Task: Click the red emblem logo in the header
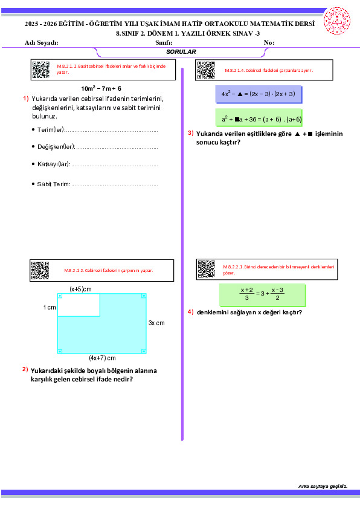[337, 21]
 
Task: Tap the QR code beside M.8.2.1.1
[41, 70]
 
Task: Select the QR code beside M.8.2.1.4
[206, 70]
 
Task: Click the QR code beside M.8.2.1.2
[40, 270]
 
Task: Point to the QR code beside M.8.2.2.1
[206, 269]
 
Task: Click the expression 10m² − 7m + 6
[101, 88]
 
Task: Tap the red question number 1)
[26, 99]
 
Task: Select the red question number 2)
[25, 369]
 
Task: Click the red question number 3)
[191, 133]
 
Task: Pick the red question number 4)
[191, 312]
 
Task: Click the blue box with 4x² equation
[259, 94]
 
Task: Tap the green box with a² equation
[259, 117]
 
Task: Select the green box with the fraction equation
[262, 295]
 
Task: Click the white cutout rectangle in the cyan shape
[79, 305]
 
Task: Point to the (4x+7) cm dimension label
[102, 358]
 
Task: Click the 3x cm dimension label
[156, 323]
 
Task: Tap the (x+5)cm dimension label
[80, 289]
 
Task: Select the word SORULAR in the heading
[181, 51]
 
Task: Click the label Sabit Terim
[54, 184]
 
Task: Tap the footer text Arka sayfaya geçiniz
[323, 486]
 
